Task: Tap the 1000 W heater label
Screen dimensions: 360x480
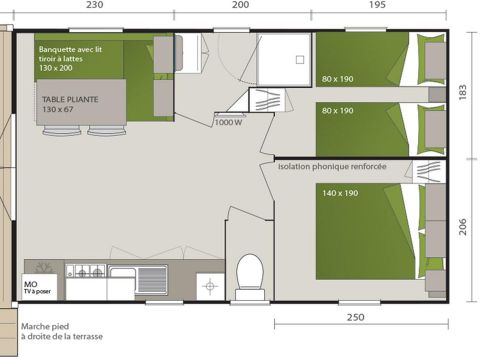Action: [x=229, y=123]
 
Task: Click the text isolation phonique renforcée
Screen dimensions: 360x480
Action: [x=332, y=167]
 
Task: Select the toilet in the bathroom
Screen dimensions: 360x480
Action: [x=250, y=271]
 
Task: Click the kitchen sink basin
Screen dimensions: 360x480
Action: [x=153, y=274]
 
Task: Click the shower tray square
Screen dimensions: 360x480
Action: [x=282, y=56]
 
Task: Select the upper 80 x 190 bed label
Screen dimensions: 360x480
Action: [x=338, y=79]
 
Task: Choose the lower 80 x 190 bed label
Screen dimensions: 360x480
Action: [x=338, y=111]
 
